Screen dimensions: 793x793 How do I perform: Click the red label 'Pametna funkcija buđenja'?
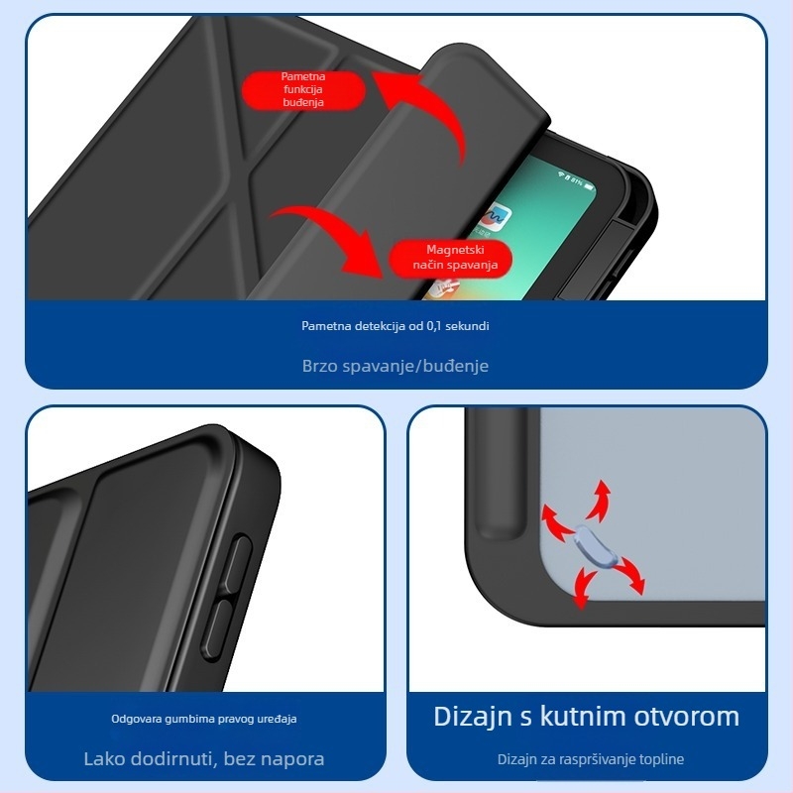click(x=303, y=90)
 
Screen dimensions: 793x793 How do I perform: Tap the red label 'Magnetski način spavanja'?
click(x=451, y=258)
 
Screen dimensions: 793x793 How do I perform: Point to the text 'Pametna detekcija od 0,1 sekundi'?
click(x=395, y=326)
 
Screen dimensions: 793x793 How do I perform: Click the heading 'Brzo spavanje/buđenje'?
click(x=395, y=366)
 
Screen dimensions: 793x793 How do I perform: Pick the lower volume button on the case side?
click(x=216, y=628)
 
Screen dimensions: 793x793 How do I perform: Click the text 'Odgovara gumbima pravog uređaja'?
click(x=204, y=719)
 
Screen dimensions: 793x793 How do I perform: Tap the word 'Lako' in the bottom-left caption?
click(x=105, y=758)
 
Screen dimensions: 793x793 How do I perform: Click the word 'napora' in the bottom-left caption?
click(x=293, y=759)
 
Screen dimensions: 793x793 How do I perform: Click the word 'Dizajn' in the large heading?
click(x=473, y=718)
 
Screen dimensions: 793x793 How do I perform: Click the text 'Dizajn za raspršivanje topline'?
click(x=590, y=759)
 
